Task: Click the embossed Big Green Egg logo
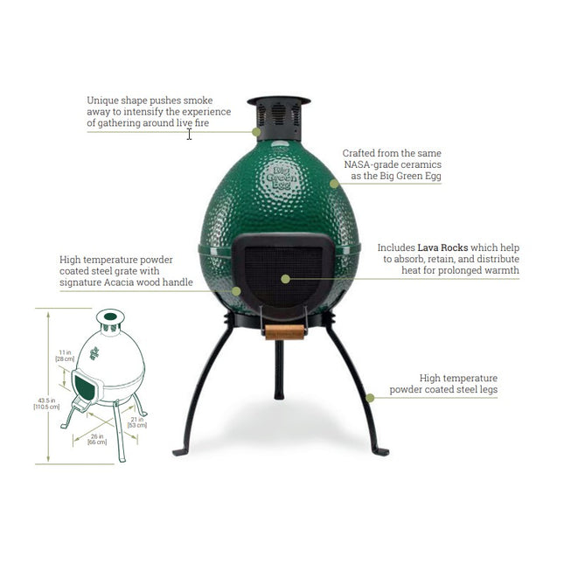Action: (x=282, y=178)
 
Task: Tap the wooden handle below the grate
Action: (x=284, y=332)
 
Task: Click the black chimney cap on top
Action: (x=279, y=101)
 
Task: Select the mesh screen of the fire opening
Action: (x=283, y=276)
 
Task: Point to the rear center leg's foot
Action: (x=279, y=394)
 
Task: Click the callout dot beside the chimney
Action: (x=256, y=132)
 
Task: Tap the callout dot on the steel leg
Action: (x=370, y=398)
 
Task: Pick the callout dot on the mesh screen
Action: (x=285, y=279)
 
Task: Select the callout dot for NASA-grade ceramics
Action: (x=334, y=184)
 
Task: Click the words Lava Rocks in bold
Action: (x=442, y=247)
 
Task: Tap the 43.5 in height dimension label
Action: (x=46, y=404)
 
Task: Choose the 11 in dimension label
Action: (x=65, y=355)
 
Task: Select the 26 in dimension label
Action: (x=97, y=439)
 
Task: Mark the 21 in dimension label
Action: (x=137, y=422)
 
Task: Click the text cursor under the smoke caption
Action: (x=189, y=135)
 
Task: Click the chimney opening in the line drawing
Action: (x=110, y=317)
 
